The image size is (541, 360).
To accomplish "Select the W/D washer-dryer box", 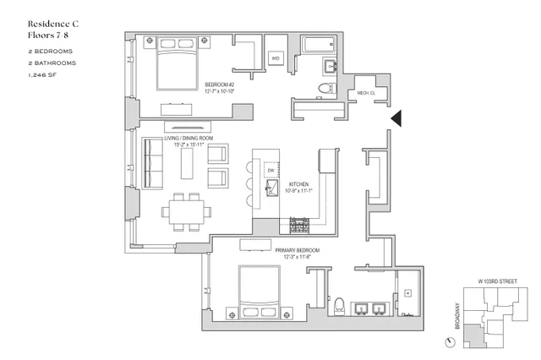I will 276,57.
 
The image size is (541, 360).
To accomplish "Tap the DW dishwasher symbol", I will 270,172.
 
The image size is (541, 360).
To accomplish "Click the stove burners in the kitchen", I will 298,225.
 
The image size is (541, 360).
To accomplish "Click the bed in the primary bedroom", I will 260,292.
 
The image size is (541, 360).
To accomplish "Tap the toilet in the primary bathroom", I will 341,304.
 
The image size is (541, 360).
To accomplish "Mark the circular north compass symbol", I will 448,341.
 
